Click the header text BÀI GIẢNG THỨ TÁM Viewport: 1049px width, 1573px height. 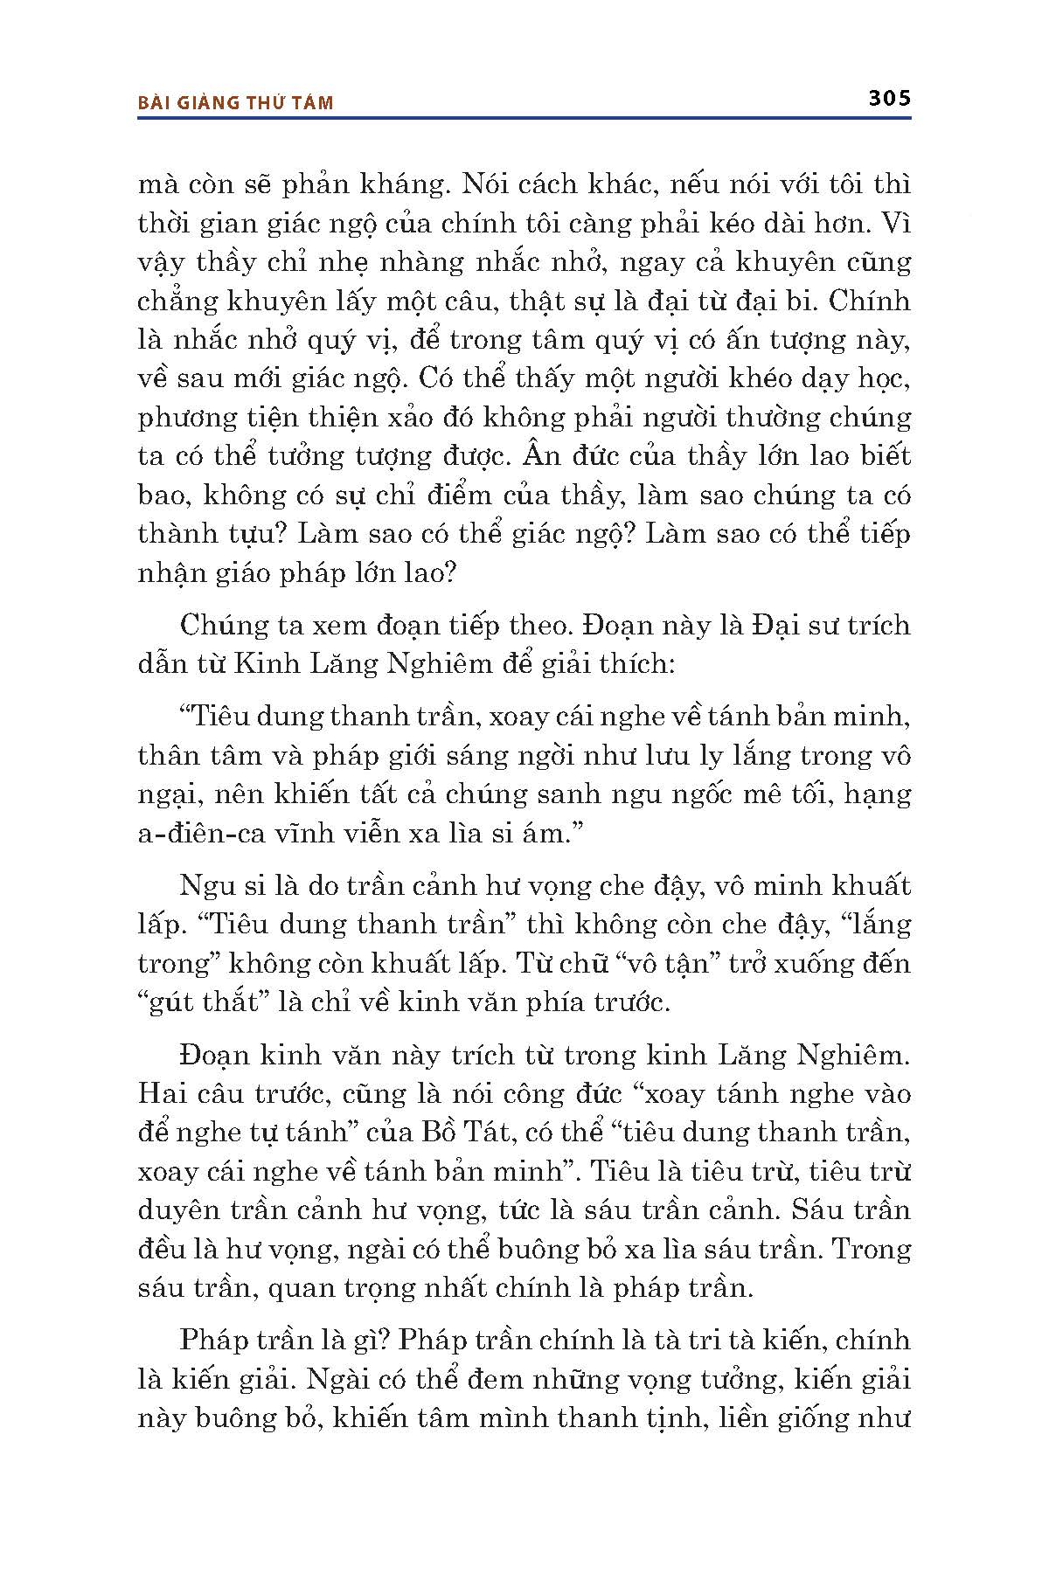(x=236, y=103)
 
